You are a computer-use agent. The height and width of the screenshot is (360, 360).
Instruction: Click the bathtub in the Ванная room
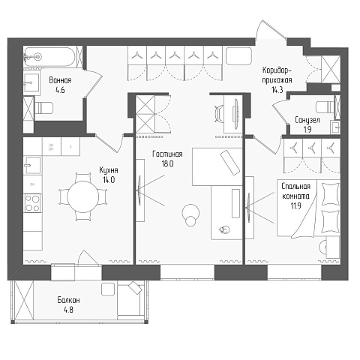(x=49, y=57)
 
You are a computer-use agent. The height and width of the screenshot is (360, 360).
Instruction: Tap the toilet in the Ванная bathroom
(x=43, y=109)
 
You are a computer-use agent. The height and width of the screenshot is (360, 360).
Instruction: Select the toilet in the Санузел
(x=325, y=107)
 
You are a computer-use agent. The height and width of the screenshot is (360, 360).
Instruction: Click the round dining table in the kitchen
(x=83, y=196)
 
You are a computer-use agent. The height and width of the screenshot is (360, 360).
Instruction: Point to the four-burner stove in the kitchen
(x=33, y=203)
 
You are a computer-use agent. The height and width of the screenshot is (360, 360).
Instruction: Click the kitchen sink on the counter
(x=32, y=165)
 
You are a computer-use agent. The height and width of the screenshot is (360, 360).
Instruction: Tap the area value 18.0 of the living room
(x=167, y=164)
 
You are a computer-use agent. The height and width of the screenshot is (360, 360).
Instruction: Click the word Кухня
(x=109, y=170)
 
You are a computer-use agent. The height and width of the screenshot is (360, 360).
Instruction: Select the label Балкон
(x=68, y=300)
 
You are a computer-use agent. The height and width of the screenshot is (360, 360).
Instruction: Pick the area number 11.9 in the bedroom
(x=295, y=206)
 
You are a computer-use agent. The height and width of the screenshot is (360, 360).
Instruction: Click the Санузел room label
(x=307, y=120)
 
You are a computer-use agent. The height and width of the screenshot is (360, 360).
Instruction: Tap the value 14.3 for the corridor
(x=277, y=90)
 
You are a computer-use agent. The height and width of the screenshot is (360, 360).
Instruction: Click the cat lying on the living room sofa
(x=224, y=229)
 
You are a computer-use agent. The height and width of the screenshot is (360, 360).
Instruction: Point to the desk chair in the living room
(x=219, y=113)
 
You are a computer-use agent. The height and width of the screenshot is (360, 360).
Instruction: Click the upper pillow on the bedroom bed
(x=330, y=194)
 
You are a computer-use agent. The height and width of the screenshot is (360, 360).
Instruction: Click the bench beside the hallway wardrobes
(x=238, y=56)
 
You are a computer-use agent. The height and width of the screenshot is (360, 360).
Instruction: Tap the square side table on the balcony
(x=108, y=289)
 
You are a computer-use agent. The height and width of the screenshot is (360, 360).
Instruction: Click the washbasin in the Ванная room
(x=31, y=82)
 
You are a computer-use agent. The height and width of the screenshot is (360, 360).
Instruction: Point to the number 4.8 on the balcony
(x=68, y=310)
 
